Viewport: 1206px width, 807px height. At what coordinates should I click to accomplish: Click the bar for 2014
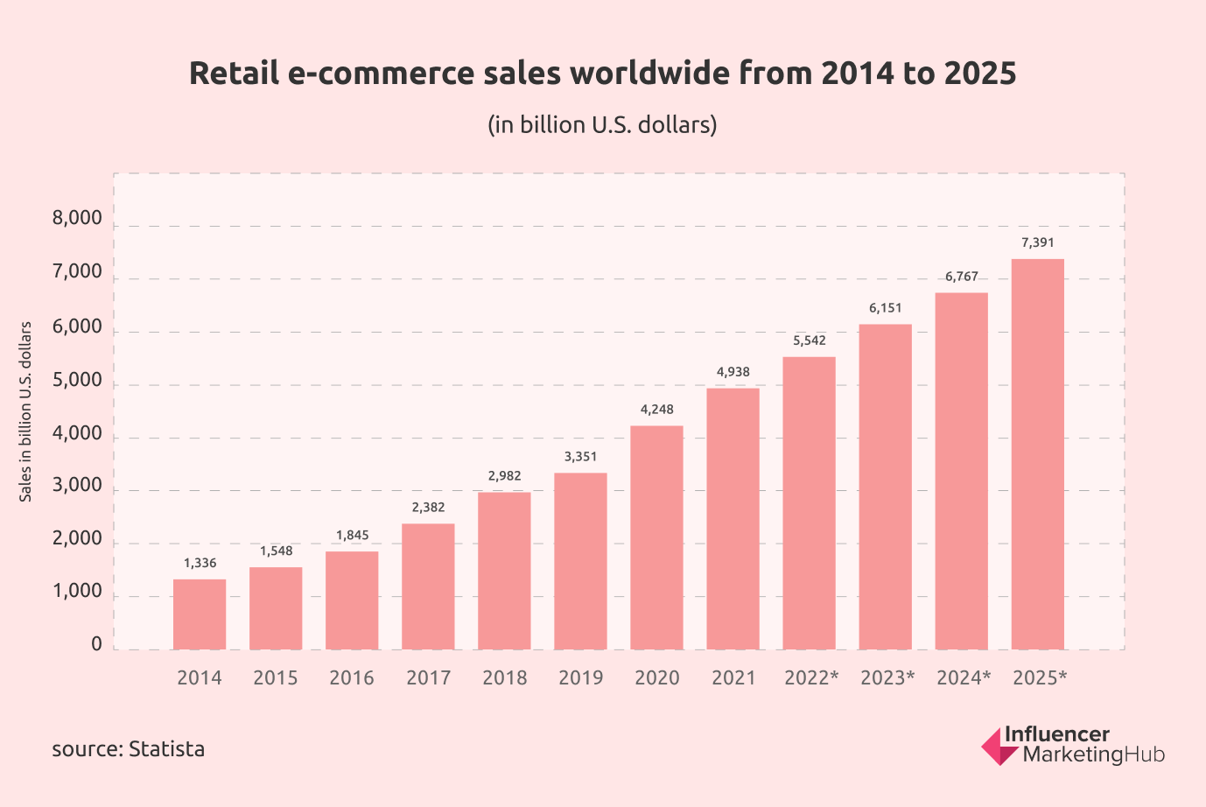tap(200, 614)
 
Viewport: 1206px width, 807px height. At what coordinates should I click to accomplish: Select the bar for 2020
tap(656, 537)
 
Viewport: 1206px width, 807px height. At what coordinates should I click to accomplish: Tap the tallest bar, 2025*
tap(1038, 454)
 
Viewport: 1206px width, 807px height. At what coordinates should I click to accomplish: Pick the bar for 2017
tap(428, 586)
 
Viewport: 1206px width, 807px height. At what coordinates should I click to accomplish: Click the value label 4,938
tap(733, 372)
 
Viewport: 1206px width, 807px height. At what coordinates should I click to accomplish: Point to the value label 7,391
tap(1038, 242)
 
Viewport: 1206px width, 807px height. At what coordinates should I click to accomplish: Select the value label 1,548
tap(276, 551)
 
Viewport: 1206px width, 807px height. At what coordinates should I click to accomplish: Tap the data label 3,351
tap(580, 457)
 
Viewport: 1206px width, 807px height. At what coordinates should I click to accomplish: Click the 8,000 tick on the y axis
tap(77, 219)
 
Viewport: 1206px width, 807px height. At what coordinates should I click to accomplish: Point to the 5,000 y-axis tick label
tap(77, 382)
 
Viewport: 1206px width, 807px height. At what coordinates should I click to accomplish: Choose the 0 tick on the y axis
tap(96, 645)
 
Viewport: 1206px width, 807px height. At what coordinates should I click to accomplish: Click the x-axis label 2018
tap(505, 678)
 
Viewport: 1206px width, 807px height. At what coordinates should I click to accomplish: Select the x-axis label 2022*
tap(811, 678)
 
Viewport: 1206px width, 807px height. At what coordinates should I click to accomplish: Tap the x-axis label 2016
tap(352, 678)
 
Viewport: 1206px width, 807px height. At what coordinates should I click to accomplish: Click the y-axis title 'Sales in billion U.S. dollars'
tap(26, 411)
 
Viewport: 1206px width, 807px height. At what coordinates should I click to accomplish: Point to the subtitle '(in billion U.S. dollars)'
tap(602, 125)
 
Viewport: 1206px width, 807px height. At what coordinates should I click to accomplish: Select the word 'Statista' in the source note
tap(166, 749)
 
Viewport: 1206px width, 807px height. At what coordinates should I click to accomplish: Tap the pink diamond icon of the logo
tap(998, 747)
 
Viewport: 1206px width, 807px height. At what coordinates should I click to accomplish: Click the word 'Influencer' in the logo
tap(1056, 734)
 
